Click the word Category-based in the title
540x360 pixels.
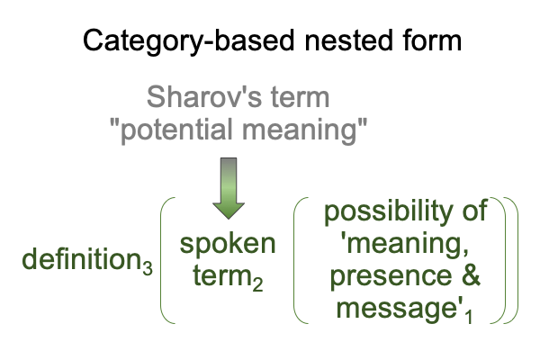pyautogui.click(x=189, y=41)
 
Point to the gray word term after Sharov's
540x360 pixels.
pyautogui.click(x=300, y=97)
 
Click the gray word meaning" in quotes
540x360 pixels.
pyautogui.click(x=304, y=130)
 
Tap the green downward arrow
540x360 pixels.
pyautogui.click(x=229, y=188)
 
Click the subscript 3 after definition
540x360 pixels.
pyautogui.click(x=148, y=268)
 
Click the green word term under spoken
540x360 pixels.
pyautogui.click(x=221, y=276)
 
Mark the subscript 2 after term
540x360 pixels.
pyautogui.click(x=257, y=285)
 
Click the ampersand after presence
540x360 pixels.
pyautogui.click(x=471, y=274)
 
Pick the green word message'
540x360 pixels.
pyautogui.click(x=399, y=309)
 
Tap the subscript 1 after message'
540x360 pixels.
pyautogui.click(x=468, y=316)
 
